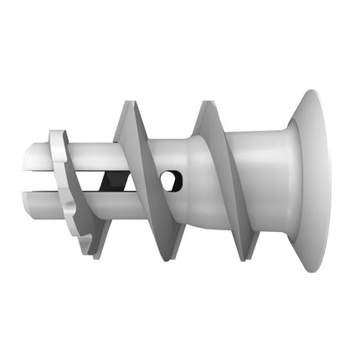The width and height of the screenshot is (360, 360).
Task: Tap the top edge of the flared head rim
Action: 319,91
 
